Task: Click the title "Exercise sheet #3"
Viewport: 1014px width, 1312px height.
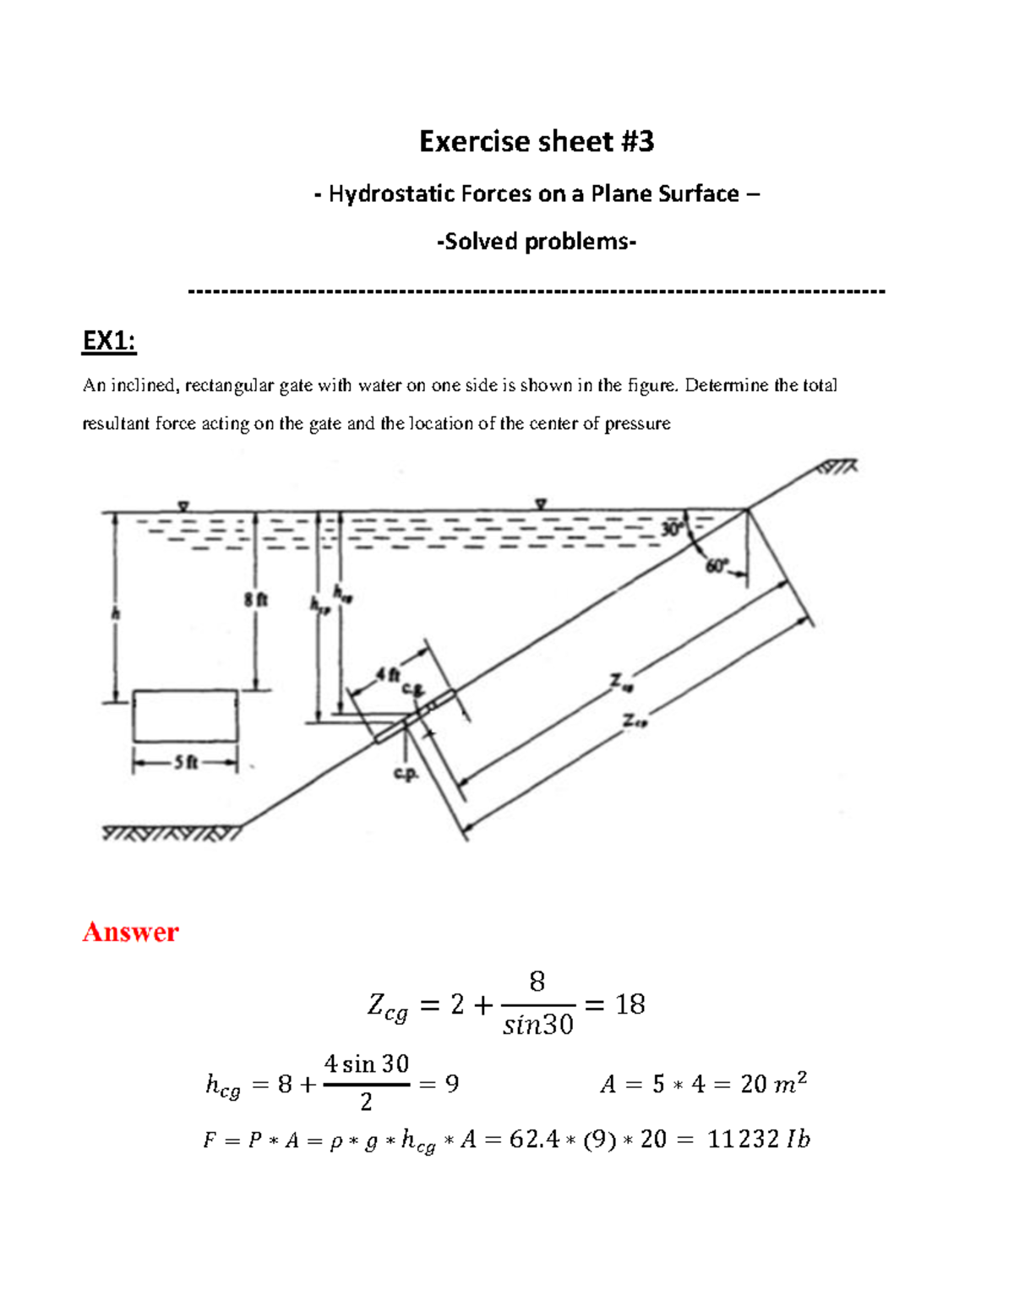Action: coord(537,141)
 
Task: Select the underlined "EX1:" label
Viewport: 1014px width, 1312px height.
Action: coord(109,340)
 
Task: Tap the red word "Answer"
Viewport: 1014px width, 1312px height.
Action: coord(130,932)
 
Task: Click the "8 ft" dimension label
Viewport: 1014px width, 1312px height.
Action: coord(255,600)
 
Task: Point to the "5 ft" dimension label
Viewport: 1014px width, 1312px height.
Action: coord(185,763)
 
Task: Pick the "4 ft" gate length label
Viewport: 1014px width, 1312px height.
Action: coord(387,674)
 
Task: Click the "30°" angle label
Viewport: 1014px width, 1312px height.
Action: coord(672,530)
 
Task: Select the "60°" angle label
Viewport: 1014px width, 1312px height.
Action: coord(716,567)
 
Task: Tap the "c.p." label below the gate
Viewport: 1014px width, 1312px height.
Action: coord(406,773)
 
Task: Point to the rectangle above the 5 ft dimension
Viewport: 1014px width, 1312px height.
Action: coord(185,716)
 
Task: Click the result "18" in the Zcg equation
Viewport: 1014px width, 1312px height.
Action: coord(630,1004)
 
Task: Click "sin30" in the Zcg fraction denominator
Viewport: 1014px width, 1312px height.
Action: coord(537,1026)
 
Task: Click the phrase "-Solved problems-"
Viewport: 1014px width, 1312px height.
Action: coord(537,242)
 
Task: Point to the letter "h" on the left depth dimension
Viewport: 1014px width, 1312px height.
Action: coord(117,614)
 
